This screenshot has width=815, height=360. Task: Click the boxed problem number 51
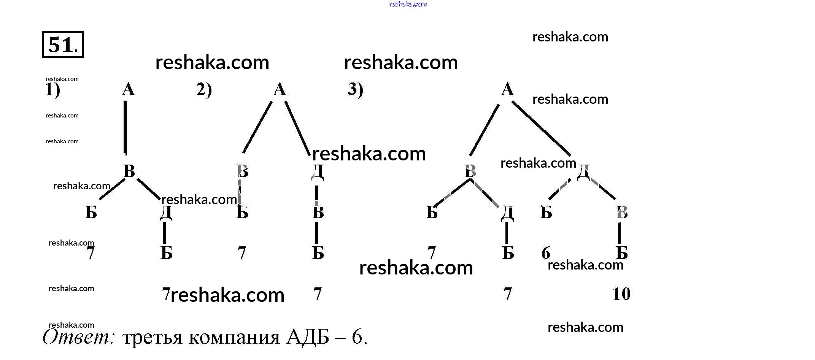(x=63, y=44)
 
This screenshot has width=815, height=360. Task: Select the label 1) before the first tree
(x=52, y=90)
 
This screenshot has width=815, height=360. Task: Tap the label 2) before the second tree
(x=204, y=90)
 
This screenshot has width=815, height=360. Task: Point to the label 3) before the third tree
(x=355, y=90)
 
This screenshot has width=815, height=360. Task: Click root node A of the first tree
(x=128, y=90)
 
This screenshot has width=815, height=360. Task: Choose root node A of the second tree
(x=280, y=90)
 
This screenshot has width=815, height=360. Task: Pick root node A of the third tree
(x=507, y=90)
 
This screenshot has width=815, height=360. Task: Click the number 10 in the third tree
(x=621, y=294)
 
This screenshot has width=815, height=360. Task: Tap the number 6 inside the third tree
(x=546, y=253)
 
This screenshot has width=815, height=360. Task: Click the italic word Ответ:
(x=79, y=337)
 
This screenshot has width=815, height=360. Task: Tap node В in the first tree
(x=129, y=171)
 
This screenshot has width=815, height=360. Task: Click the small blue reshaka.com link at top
(x=408, y=4)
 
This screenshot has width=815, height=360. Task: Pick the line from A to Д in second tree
(x=297, y=128)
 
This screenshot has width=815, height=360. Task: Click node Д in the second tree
(x=317, y=171)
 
